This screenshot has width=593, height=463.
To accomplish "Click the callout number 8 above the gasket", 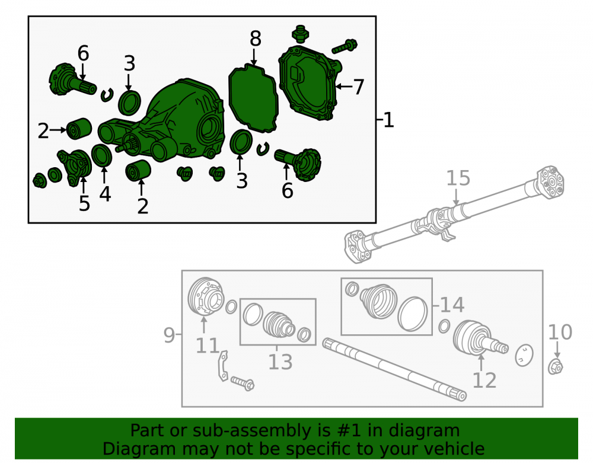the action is [255, 39].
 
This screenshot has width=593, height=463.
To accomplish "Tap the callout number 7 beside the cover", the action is [359, 87].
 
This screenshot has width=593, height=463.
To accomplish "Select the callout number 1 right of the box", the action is [388, 120].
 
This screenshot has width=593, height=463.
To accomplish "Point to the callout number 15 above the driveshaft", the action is [458, 178].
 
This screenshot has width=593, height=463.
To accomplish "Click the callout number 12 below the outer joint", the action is [484, 380].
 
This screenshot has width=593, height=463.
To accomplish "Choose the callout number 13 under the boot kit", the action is [280, 362].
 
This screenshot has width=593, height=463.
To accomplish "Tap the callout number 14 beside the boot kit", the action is [452, 305].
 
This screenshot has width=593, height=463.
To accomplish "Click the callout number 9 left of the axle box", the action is [169, 335].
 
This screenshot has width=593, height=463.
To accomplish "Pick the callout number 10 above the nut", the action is [560, 332].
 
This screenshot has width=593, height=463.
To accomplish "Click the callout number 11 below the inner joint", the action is [207, 346].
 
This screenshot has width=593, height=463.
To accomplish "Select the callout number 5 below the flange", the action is [84, 203].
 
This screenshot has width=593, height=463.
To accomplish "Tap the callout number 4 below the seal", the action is [105, 194].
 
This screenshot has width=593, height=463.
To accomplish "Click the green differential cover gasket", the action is [253, 98].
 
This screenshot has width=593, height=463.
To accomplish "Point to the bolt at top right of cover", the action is [345, 46].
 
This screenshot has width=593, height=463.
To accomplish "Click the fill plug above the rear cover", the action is [301, 34].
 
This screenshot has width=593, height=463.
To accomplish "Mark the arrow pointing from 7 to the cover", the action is [343, 87].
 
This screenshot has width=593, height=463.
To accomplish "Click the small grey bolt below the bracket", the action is [243, 383].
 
